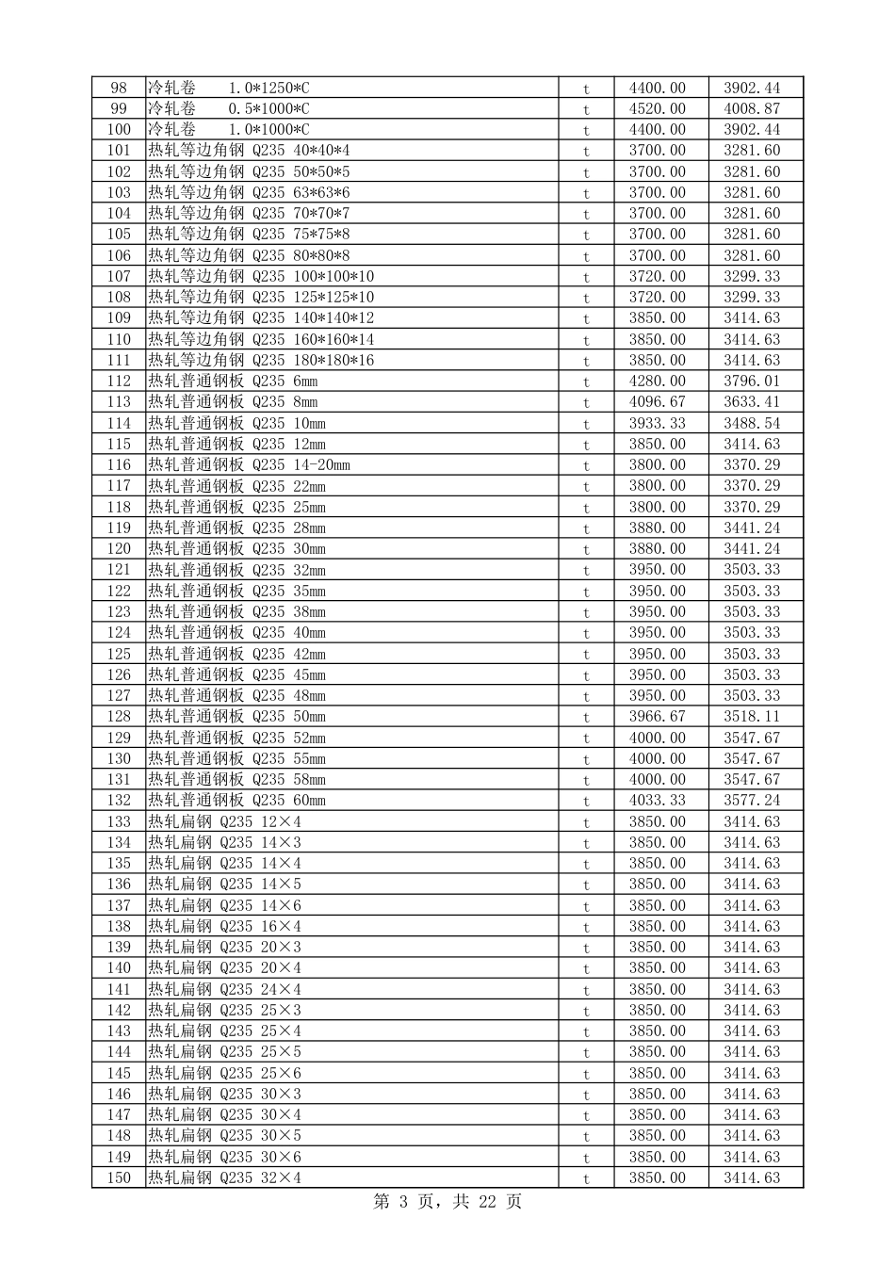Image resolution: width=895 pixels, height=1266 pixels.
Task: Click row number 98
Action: pos(119,88)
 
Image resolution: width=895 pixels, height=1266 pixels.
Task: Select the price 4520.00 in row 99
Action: pos(657,109)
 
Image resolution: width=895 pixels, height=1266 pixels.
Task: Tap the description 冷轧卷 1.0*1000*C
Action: pos(228,130)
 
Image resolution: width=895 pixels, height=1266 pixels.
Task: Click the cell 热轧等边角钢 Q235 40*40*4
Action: pos(249,151)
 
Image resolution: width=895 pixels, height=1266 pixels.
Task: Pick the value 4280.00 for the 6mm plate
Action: pos(657,381)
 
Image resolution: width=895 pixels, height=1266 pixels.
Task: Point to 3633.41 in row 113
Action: pos(752,402)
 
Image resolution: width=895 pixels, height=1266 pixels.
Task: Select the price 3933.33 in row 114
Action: pos(657,423)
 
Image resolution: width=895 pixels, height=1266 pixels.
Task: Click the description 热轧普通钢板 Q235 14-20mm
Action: pos(249,465)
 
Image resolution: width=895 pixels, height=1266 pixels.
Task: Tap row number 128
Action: pos(119,717)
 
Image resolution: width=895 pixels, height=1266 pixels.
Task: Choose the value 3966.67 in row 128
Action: pos(657,717)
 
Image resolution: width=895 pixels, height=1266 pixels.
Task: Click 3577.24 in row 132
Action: pos(752,801)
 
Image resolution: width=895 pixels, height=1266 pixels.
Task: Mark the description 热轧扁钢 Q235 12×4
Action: pos(224,821)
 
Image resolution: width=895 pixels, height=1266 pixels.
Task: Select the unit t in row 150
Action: pos(586,1178)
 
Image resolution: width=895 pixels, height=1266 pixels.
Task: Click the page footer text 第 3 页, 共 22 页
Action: pos(447,1202)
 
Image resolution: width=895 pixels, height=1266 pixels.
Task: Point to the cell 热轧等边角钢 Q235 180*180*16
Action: pos(261,361)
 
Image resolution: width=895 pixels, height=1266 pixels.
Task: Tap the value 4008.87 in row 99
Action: pos(752,109)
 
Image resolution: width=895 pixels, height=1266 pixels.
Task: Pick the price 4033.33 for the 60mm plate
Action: pos(657,801)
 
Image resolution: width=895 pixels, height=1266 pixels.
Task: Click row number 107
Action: pos(119,277)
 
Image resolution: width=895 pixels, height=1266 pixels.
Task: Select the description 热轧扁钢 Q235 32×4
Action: pos(224,1178)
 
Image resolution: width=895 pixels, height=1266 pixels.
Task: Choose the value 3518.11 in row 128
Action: pos(752,717)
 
